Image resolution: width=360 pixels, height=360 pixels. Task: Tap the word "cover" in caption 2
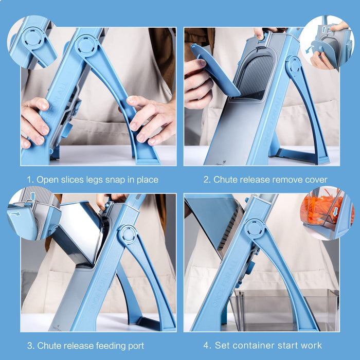coord(315,179)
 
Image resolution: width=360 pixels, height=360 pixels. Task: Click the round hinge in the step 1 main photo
coord(86,45)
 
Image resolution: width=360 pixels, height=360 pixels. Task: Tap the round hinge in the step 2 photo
coord(294,66)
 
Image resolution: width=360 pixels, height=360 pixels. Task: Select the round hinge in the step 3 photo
coord(127,235)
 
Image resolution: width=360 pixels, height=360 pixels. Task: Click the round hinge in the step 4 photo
coord(255,228)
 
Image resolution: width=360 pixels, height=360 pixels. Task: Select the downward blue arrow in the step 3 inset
coord(32,196)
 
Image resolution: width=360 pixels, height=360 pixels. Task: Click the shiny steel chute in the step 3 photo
coord(78,231)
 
